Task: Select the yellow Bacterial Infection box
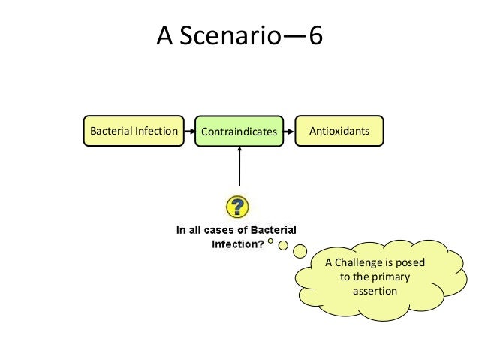click(134, 131)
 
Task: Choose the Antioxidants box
click(339, 131)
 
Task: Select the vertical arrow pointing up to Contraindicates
click(239, 167)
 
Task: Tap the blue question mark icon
click(238, 207)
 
